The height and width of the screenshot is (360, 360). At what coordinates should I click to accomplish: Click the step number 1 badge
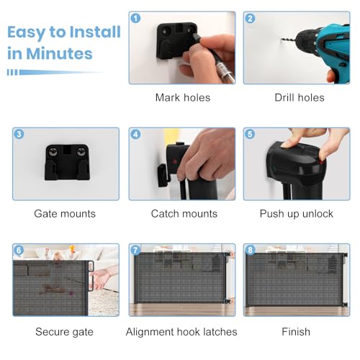click(x=136, y=18)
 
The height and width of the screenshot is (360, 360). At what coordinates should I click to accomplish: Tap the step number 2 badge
click(x=251, y=18)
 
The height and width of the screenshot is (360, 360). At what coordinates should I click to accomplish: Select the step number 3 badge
click(x=19, y=134)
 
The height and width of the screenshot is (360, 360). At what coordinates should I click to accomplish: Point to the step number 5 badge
click(x=250, y=134)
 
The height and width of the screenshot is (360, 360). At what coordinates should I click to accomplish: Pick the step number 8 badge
click(x=250, y=251)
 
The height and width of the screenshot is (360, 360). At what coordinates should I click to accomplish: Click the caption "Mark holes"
click(x=183, y=98)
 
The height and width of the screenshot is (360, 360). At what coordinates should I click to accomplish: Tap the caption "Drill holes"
click(x=300, y=98)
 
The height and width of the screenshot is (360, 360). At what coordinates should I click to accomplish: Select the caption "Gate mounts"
click(x=65, y=214)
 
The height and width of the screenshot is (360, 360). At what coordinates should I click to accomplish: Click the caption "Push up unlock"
click(x=297, y=214)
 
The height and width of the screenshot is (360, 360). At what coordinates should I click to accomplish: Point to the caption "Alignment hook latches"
click(x=181, y=332)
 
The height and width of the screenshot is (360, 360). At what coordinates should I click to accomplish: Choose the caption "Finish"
click(x=296, y=332)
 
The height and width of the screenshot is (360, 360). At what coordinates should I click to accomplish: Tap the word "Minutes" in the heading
click(x=59, y=53)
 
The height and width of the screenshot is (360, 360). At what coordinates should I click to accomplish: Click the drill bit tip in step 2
click(x=282, y=38)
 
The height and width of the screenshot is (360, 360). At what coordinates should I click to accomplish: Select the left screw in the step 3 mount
click(x=53, y=151)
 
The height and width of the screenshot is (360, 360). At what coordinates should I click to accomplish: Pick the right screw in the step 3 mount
click(x=81, y=151)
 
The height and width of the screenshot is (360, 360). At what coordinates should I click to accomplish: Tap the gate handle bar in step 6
click(x=91, y=276)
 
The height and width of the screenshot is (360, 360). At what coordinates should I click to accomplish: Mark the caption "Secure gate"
click(x=64, y=332)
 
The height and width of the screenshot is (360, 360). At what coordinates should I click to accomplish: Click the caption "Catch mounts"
click(x=184, y=214)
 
